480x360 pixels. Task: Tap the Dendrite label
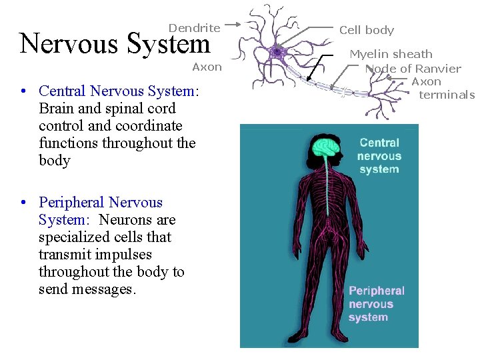194,28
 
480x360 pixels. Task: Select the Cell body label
367,30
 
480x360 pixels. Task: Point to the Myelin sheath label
391,54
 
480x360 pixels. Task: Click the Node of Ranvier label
415,69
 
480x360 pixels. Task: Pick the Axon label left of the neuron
207,67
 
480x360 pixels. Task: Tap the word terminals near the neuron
447,95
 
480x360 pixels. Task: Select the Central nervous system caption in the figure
379,156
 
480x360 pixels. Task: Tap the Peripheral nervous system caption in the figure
376,304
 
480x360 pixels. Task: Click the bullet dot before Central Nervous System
23,91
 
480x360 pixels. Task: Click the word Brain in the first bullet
56,109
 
